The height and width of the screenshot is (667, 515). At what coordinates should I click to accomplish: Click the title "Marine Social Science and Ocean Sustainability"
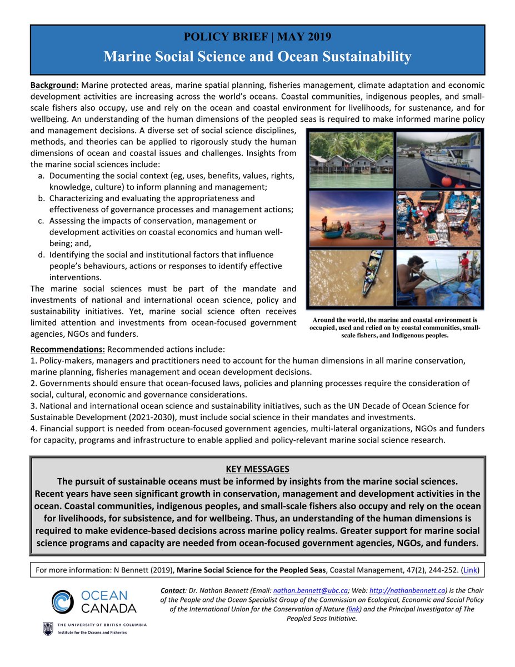pyautogui.click(x=257, y=56)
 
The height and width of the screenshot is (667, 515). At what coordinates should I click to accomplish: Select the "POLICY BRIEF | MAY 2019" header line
pyautogui.click(x=257, y=37)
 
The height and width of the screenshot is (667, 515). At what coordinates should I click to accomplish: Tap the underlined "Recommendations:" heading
pyautogui.click(x=67, y=350)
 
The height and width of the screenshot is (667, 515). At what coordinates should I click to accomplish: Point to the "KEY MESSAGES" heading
pyautogui.click(x=257, y=469)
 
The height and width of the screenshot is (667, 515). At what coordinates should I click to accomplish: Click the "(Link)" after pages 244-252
pyautogui.click(x=469, y=570)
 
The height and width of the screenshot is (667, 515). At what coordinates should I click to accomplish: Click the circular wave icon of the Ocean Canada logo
pyautogui.click(x=63, y=602)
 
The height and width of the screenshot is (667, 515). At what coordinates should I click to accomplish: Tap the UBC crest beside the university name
pyautogui.click(x=47, y=628)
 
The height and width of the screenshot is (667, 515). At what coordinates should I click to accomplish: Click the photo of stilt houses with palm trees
pyautogui.click(x=351, y=159)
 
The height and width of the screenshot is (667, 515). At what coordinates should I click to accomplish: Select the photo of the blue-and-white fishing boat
pyautogui.click(x=438, y=159)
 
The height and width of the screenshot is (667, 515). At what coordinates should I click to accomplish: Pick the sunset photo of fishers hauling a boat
pyautogui.click(x=351, y=218)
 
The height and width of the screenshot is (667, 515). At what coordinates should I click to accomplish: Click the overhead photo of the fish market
pyautogui.click(x=438, y=218)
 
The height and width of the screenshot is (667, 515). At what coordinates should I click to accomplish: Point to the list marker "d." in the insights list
pyautogui.click(x=42, y=255)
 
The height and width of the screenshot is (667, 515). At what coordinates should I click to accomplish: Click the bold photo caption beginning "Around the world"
pyautogui.click(x=395, y=328)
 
